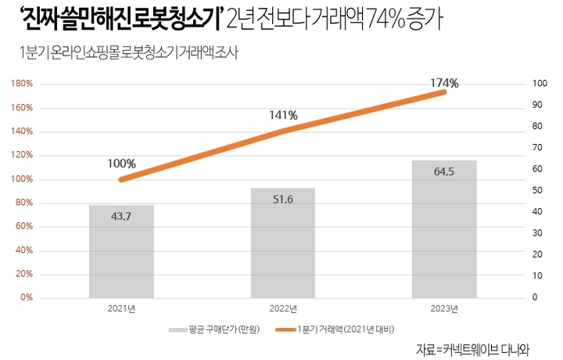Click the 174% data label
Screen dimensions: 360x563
(444, 82)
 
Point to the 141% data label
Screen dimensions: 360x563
(283, 115)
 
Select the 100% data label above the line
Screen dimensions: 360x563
(122, 164)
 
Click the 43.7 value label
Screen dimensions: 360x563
(121, 215)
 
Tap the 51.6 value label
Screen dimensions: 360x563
(282, 200)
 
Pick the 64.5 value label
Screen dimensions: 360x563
(444, 171)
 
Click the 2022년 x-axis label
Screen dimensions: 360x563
(282, 308)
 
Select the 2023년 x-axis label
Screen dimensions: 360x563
(444, 308)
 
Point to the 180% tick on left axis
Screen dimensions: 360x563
(21, 84)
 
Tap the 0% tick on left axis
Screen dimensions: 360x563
(26, 298)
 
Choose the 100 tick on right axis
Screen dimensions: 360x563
(538, 84)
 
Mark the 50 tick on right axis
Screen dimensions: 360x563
(536, 191)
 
